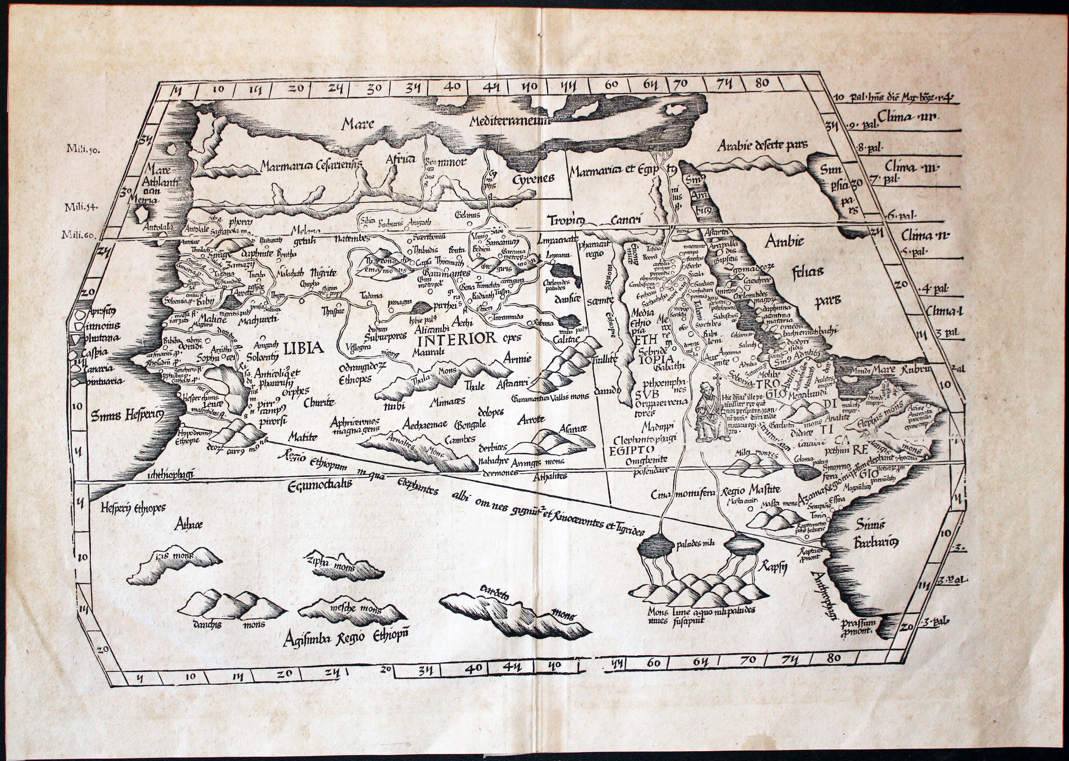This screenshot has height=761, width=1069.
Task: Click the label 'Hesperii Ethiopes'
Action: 133,508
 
